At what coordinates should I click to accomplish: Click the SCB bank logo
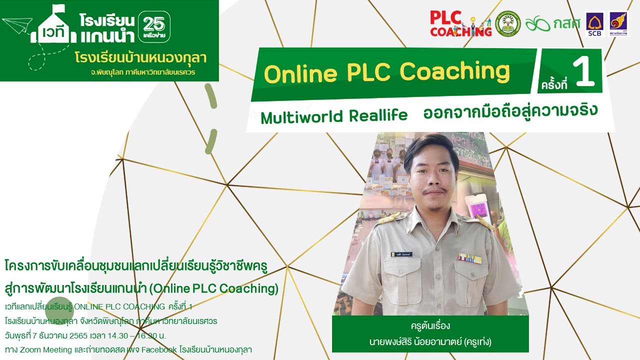point(594,23)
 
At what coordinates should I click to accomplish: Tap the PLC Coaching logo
point(460,23)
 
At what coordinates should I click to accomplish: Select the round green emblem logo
point(508,23)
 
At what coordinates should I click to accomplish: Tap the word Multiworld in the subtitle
point(301,117)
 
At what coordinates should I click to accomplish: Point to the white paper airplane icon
point(17,24)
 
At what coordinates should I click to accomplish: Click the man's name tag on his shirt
point(402,254)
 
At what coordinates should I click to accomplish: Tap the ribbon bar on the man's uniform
point(470,258)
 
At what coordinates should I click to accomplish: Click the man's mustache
point(433,191)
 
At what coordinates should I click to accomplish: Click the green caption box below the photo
point(430,333)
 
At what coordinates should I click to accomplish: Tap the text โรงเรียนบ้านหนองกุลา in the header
point(140,57)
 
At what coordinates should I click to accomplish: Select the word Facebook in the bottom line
point(158,349)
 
